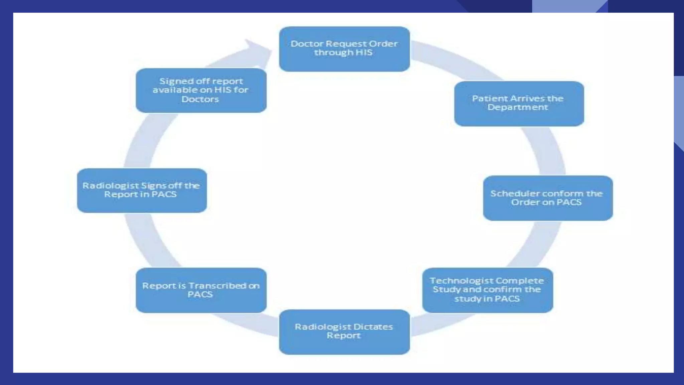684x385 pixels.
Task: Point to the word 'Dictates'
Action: point(373,327)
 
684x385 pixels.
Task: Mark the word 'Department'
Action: point(518,107)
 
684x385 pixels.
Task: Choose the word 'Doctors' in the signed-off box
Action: point(200,99)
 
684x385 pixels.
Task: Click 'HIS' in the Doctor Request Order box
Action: point(364,52)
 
